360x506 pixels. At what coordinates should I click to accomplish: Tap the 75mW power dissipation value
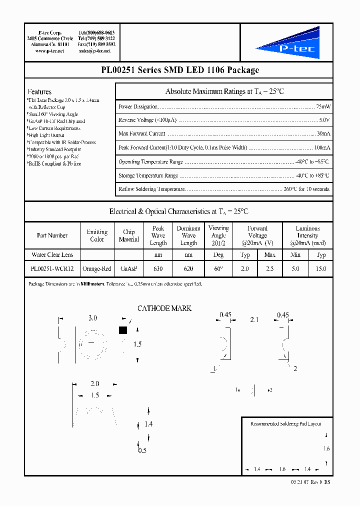pos(322,106)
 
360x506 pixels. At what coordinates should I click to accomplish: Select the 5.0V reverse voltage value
pos(324,120)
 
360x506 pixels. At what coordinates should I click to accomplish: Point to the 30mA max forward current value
pos(323,134)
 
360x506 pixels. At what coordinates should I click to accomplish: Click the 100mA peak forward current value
pos(321,148)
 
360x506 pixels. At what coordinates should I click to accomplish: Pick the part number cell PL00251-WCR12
pos(52,269)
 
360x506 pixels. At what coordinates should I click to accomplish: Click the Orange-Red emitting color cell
pos(97,269)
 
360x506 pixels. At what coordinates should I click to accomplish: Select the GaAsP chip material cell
pos(128,269)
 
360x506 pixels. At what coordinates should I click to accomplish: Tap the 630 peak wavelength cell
pos(158,269)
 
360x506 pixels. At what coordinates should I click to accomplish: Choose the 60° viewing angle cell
pos(218,269)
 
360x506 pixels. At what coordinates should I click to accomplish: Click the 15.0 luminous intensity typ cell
pos(321,269)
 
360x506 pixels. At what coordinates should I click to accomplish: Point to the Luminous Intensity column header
pos(307,235)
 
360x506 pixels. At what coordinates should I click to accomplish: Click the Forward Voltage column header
pos(257,235)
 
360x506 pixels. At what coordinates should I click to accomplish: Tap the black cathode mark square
pos(122,330)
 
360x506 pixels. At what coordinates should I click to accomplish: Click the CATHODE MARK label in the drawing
pos(164,308)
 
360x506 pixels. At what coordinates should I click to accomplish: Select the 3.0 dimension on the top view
pos(92,318)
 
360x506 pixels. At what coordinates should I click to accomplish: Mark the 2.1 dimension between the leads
pos(254,319)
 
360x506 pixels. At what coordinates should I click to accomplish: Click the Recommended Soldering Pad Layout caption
pos(285,424)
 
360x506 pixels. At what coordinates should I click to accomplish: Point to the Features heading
pos(39,92)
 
